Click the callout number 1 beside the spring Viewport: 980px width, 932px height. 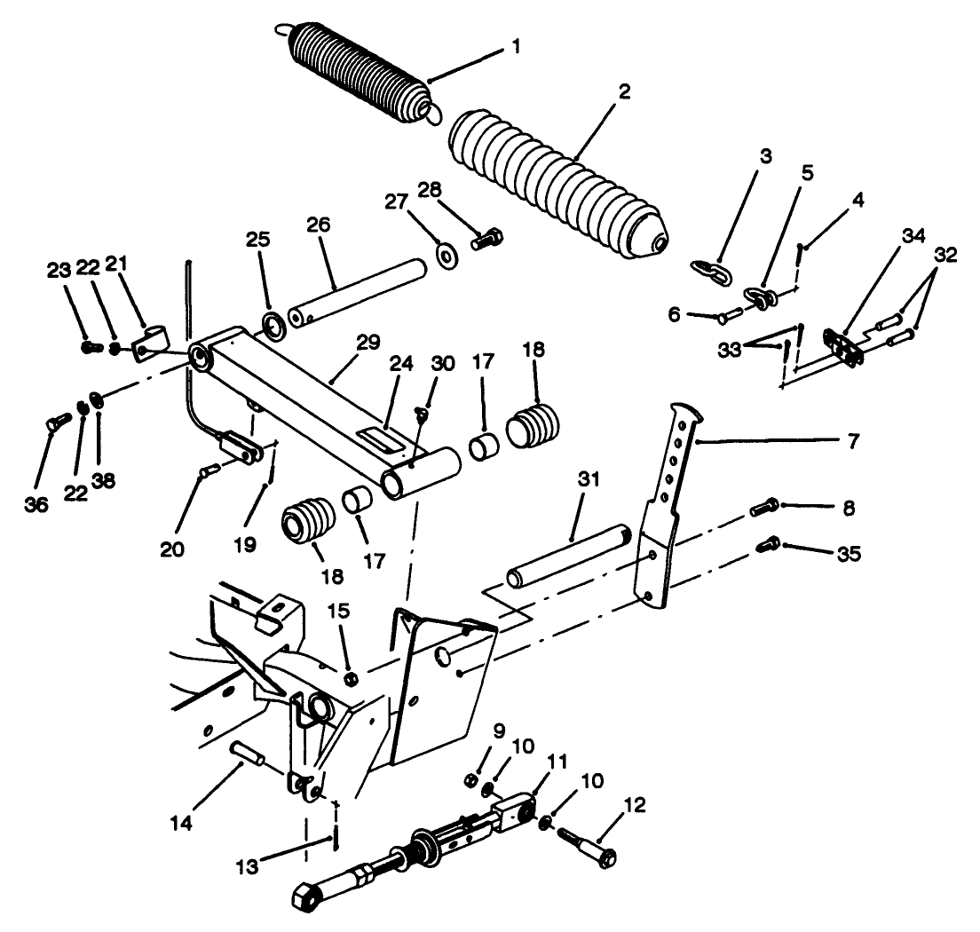[x=517, y=45]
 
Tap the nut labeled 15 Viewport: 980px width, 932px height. [x=350, y=679]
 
